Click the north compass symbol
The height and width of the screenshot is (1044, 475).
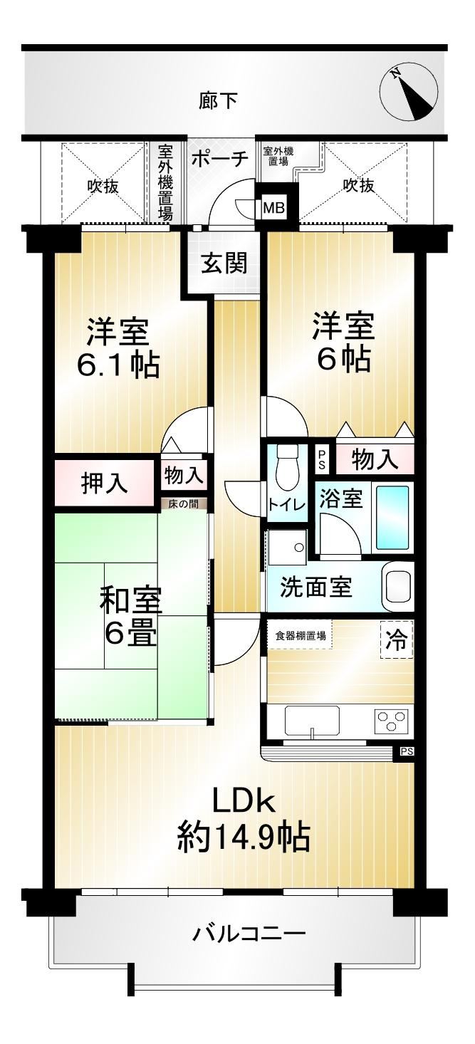point(408,93)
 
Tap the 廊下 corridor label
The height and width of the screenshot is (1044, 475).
point(218,100)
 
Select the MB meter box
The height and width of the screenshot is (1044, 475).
point(273,207)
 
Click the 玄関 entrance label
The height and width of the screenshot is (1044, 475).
point(224,263)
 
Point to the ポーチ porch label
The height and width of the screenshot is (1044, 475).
point(219,159)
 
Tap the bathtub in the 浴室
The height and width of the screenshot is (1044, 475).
point(392,517)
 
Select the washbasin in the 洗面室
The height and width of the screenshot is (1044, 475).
point(397,586)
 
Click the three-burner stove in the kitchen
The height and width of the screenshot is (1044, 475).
point(392,719)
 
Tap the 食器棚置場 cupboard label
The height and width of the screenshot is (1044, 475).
point(301,635)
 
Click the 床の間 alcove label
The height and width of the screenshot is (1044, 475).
point(183,504)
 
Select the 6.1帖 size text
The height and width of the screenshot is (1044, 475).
point(118,365)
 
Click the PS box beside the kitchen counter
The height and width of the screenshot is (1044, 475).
point(405,751)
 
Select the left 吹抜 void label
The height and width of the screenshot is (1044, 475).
point(103,186)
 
